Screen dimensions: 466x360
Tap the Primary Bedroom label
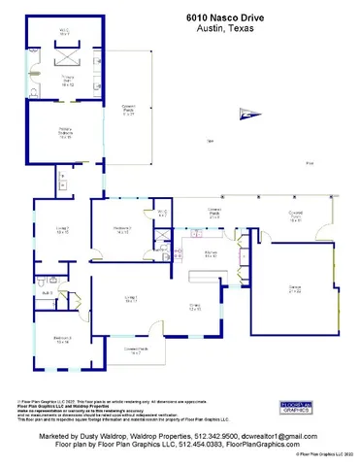pos(66,135)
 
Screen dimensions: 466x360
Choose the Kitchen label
pos(210,254)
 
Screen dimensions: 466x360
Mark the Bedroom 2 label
pos(123,230)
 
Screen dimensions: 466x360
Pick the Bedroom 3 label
pos(62,340)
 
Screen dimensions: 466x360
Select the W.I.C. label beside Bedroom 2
pos(162,213)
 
